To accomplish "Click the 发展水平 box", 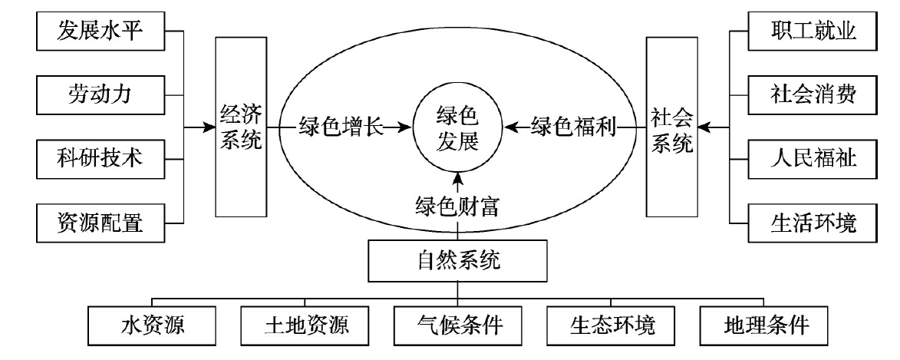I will (x=101, y=32).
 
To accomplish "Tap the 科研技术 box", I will (x=101, y=159).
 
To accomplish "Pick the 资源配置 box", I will (x=101, y=223).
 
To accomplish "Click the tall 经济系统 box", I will (x=240, y=126).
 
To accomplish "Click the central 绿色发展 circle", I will (x=457, y=127).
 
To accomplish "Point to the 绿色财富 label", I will (x=457, y=208).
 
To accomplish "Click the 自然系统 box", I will (x=457, y=260).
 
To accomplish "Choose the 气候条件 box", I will (x=459, y=325).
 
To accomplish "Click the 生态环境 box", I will (x=612, y=325).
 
